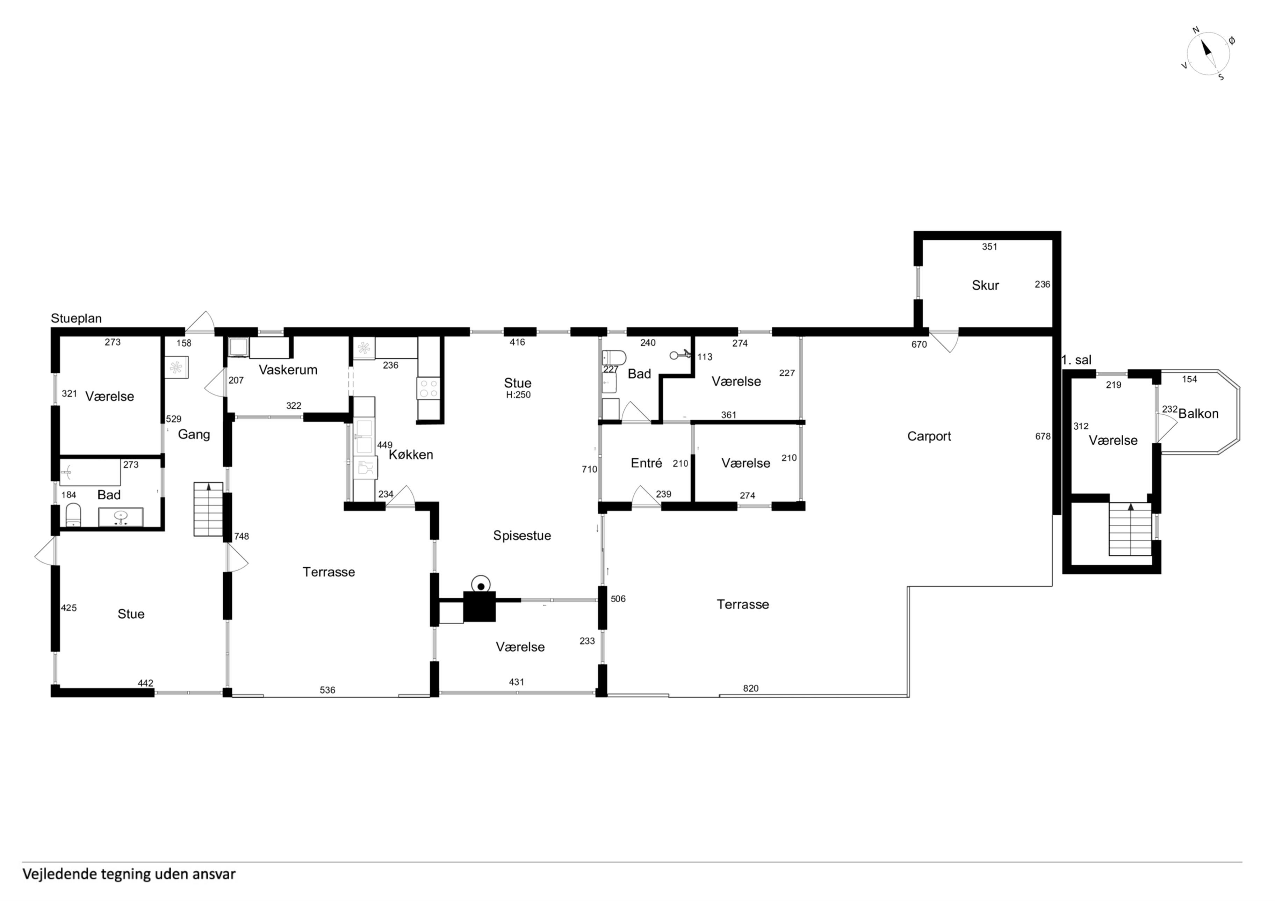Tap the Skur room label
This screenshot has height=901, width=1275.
click(x=985, y=285)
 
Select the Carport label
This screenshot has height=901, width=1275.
click(x=929, y=436)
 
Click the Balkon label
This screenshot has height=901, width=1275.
click(x=1198, y=414)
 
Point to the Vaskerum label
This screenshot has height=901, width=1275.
click(x=288, y=370)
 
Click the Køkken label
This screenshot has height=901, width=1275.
click(x=411, y=455)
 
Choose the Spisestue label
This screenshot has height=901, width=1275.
click(x=522, y=536)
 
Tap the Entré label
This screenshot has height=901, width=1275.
click(x=646, y=463)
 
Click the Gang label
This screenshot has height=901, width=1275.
click(x=194, y=435)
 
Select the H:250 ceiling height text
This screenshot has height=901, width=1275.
click(x=518, y=395)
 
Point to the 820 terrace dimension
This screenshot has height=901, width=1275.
click(x=750, y=688)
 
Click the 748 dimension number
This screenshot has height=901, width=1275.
click(x=242, y=536)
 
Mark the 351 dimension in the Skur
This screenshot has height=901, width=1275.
click(x=989, y=247)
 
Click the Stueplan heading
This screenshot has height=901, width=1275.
click(x=76, y=319)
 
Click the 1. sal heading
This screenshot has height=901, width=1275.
click(x=1076, y=360)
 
